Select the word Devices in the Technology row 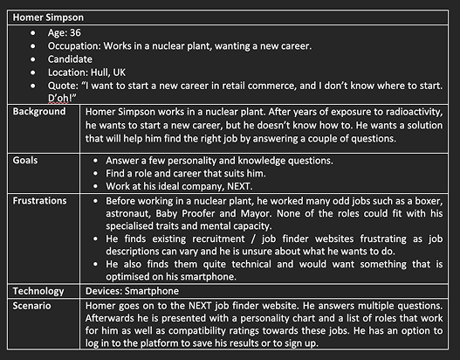point(106,290)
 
